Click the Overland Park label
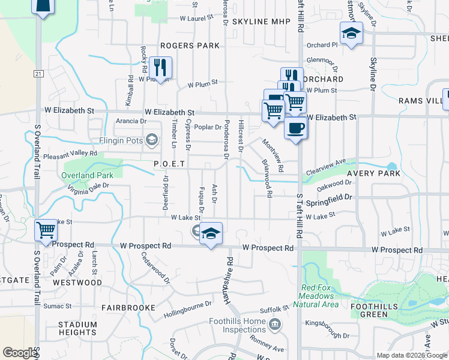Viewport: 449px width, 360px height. tap(87, 176)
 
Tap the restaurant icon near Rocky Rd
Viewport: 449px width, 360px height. tap(160, 66)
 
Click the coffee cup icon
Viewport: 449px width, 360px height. tap(295, 128)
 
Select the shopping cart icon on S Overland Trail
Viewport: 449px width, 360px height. tap(46, 231)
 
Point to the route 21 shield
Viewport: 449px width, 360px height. tap(38, 73)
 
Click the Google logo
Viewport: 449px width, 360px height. tap(20, 353)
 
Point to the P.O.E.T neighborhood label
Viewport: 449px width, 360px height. tap(169, 163)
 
